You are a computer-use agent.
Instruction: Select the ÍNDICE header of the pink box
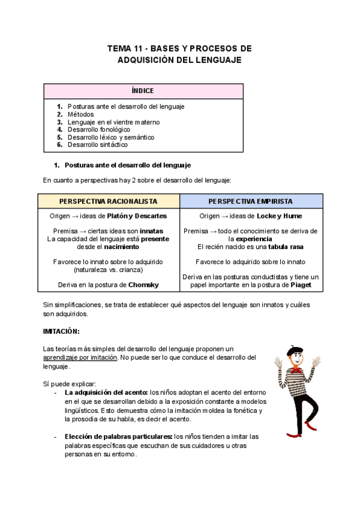(143, 91)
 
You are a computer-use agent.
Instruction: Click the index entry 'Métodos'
(80, 114)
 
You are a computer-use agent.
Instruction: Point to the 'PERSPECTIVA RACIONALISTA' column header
(109, 201)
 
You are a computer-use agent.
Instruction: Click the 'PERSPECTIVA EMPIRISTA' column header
(251, 201)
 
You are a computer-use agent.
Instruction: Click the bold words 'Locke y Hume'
(279, 216)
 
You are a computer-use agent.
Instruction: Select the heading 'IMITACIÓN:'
(61, 332)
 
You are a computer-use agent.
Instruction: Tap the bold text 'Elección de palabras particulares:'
(118, 436)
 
